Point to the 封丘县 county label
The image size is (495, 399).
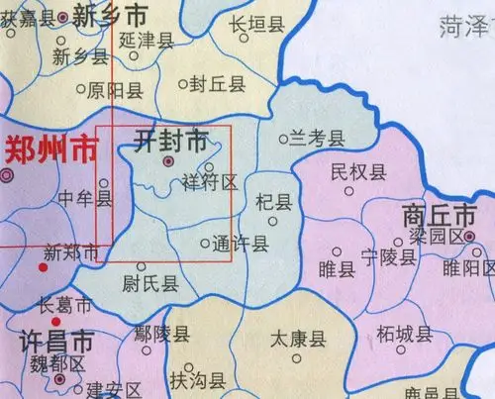tap(218, 85)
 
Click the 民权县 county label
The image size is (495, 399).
tap(357, 173)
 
